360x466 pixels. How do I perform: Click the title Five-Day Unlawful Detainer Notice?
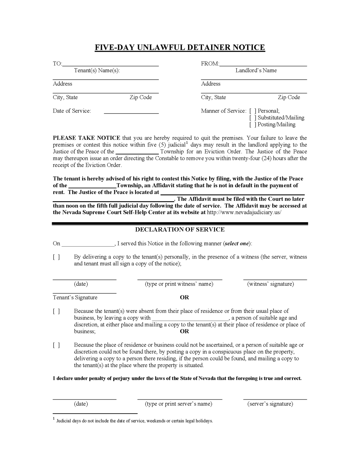[x=180, y=47]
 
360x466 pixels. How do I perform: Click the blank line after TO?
[x=110, y=64]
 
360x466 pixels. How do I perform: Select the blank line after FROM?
[x=263, y=64]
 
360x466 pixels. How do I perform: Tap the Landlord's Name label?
[x=256, y=70]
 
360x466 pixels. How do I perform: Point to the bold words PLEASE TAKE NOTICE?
[x=86, y=138]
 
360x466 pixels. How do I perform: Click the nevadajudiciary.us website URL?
[x=244, y=212]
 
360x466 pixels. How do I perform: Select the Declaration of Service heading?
[x=180, y=230]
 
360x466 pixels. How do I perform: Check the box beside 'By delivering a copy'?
[x=56, y=257]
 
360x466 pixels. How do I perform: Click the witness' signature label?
[x=271, y=284]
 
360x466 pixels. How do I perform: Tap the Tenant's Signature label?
[x=75, y=298]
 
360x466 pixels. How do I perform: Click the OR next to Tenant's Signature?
[x=184, y=298]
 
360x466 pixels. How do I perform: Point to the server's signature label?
[x=270, y=404]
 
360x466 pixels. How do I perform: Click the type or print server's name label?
[x=179, y=404]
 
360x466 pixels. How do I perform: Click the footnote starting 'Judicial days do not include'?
[x=134, y=421]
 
